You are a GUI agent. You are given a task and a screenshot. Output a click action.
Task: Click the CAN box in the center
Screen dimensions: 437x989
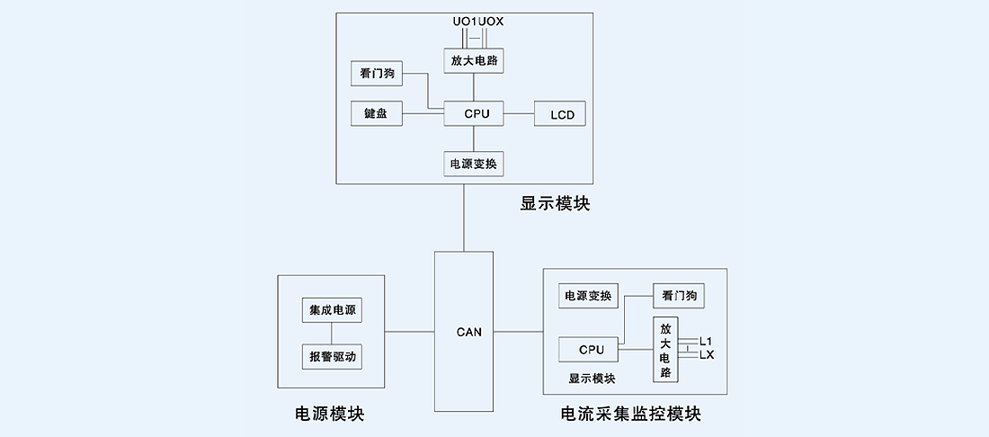pyautogui.click(x=464, y=332)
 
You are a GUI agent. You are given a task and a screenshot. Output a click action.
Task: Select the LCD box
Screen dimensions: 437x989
pyautogui.click(x=560, y=114)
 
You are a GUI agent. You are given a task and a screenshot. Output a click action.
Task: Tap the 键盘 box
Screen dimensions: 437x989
pyautogui.click(x=376, y=114)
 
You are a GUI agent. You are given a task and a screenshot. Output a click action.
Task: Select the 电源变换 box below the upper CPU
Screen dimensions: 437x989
pyautogui.click(x=474, y=164)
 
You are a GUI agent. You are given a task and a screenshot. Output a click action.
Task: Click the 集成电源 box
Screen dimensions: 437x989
pyautogui.click(x=332, y=310)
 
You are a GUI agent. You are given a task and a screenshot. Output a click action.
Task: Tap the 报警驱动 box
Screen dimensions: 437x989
pyautogui.click(x=332, y=357)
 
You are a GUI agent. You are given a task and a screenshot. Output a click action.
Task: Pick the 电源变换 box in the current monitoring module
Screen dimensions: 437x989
pyautogui.click(x=587, y=296)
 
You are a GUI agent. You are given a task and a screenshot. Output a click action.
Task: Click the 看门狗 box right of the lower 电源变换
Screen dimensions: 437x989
pyautogui.click(x=679, y=296)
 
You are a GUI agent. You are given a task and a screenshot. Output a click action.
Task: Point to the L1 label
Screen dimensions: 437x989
pyautogui.click(x=706, y=342)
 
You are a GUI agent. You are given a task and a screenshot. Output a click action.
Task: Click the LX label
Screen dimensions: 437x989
pyautogui.click(x=707, y=355)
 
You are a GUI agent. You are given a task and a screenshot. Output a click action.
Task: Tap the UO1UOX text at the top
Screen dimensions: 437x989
pyautogui.click(x=477, y=21)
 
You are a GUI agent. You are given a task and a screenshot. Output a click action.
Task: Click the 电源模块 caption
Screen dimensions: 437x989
pyautogui.click(x=330, y=414)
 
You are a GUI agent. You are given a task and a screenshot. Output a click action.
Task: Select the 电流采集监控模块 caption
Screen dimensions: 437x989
pyautogui.click(x=630, y=415)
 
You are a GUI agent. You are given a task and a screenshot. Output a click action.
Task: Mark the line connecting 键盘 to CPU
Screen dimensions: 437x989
pyautogui.click(x=423, y=114)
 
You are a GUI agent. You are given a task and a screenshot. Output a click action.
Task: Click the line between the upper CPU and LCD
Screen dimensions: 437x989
pyautogui.click(x=519, y=114)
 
